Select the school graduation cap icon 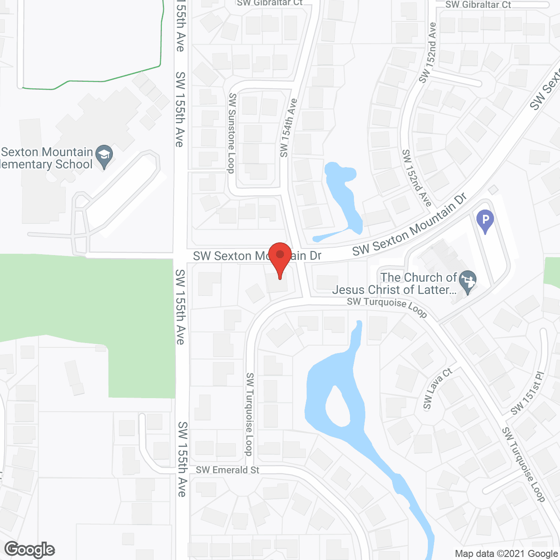click(104, 155)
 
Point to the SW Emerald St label click(227, 470)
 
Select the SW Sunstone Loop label click(231, 133)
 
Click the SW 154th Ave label click(288, 128)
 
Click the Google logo click(30, 549)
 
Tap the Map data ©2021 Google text click(506, 554)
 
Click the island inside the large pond click(338, 407)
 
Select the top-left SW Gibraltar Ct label click(269, 3)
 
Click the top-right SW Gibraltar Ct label click(478, 5)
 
